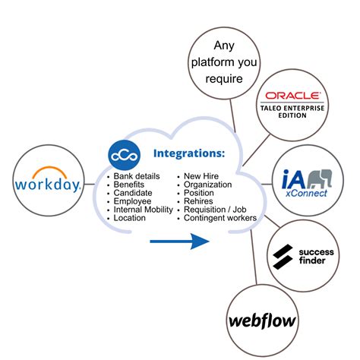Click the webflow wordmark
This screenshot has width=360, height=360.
262,319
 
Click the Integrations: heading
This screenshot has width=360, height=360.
189,154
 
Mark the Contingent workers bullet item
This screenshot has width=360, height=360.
220,218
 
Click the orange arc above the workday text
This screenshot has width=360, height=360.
47,171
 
